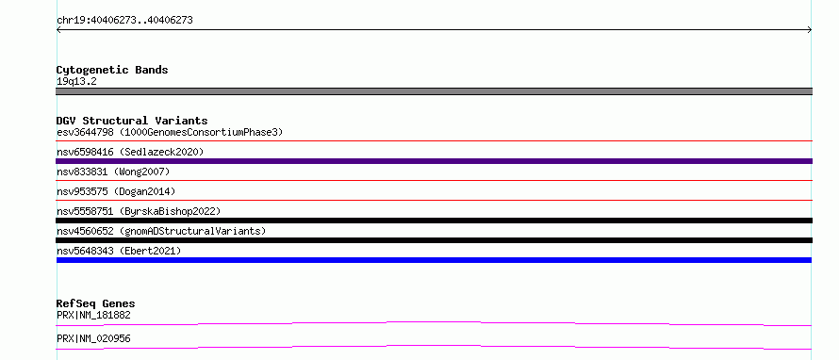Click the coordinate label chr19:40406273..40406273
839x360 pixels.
tap(124, 21)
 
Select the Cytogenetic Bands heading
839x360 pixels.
tap(112, 70)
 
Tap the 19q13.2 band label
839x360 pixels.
tap(76, 82)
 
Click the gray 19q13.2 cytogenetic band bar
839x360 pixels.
tap(434, 91)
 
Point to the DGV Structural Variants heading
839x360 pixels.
tap(132, 121)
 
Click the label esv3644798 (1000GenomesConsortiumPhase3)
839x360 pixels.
tap(170, 132)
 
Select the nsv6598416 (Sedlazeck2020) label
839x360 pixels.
tap(130, 152)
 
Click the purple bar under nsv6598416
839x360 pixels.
tap(434, 161)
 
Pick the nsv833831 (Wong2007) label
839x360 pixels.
tap(113, 172)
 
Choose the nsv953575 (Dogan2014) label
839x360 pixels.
tap(116, 191)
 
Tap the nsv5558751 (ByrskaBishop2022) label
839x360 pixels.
tap(139, 211)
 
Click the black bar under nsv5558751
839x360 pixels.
tap(434, 221)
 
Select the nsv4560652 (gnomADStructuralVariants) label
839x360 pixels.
tap(161, 231)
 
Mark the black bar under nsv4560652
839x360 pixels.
tap(434, 240)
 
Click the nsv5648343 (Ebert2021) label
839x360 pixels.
tap(119, 251)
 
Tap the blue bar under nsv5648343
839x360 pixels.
tap(434, 260)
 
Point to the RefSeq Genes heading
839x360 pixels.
tap(96, 303)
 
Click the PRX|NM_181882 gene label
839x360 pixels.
tap(93, 316)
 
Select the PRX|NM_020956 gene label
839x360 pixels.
tap(93, 339)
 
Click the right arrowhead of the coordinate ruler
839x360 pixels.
tap(810, 30)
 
